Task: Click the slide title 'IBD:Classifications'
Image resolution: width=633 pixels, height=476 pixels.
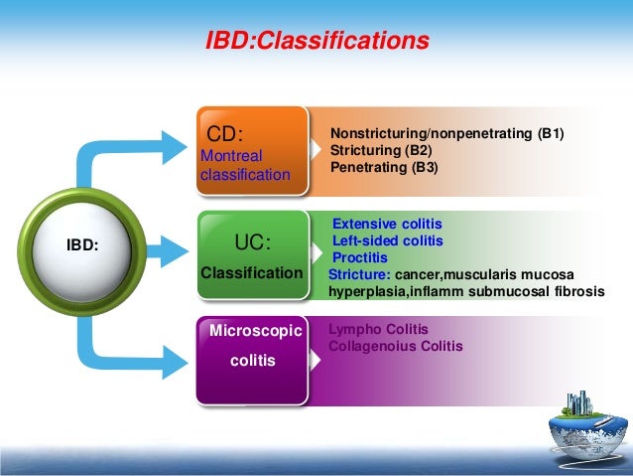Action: point(316,42)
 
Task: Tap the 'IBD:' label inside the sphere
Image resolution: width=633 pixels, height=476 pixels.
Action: point(82,240)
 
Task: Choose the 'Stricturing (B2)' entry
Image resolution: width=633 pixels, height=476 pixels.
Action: point(382,151)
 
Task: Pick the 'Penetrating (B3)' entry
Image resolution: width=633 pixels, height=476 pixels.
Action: point(383,168)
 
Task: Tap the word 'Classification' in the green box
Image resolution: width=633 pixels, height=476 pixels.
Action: point(252,272)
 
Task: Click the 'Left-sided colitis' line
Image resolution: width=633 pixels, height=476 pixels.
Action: point(388,240)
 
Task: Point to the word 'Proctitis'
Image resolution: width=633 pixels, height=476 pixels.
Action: point(359,257)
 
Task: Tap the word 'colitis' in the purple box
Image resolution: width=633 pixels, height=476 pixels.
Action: point(253,362)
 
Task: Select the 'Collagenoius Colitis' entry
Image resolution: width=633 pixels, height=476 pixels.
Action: point(395,347)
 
